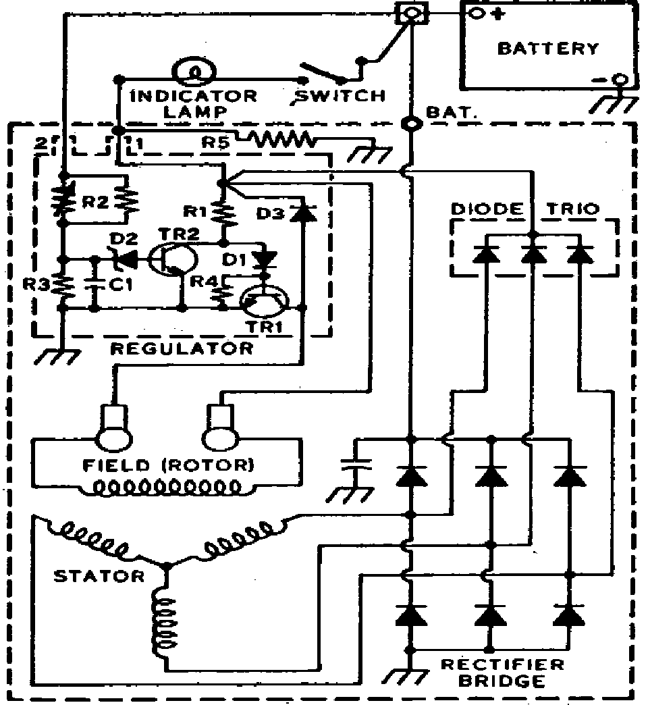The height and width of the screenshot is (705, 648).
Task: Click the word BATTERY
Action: tap(547, 49)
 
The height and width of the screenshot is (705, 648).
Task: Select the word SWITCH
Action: tap(341, 95)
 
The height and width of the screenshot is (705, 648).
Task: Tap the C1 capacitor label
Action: tap(119, 286)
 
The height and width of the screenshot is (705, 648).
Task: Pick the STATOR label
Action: tap(99, 576)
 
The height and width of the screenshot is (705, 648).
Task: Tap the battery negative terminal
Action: tap(619, 80)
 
